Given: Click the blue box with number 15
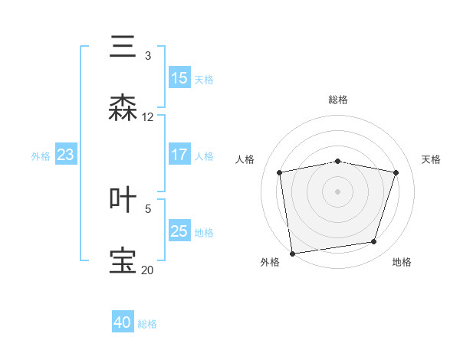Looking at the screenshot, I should point(179,78).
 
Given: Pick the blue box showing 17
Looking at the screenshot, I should point(179,155).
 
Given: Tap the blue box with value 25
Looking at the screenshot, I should point(179,231).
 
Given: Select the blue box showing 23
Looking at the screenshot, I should point(65,155).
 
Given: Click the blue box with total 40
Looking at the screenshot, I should point(123,323).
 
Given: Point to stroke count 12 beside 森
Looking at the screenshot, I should point(148,117).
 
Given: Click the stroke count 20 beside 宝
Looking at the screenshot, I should point(148,270).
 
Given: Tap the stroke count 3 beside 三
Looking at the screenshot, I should point(148,55).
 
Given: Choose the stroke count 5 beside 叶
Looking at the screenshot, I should point(148,208).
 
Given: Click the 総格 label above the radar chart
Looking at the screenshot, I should point(338,100).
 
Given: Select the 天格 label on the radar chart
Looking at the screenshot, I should point(431,159).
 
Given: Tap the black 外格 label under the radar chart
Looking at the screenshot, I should point(270,263).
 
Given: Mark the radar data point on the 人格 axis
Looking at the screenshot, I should point(280,172).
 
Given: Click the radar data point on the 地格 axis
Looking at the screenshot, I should point(374,242).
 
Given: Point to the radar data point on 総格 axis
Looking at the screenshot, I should point(338,161).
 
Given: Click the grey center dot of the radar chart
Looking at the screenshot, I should point(338,191).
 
